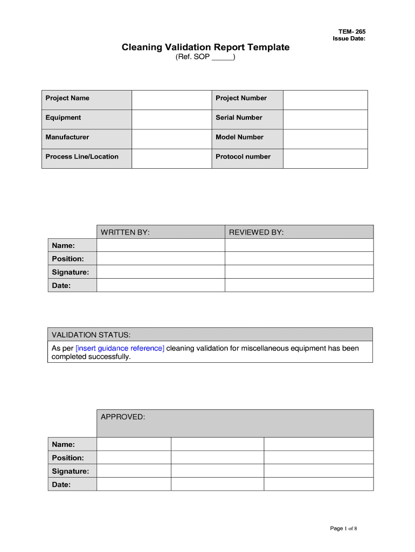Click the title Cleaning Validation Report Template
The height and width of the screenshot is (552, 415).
pyautogui.click(x=205, y=47)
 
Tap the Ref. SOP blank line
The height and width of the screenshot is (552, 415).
pyautogui.click(x=222, y=57)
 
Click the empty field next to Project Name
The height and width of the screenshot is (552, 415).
pyautogui.click(x=171, y=100)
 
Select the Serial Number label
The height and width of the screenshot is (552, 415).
pyautogui.click(x=239, y=118)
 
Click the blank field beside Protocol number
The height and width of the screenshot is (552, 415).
pyautogui.click(x=325, y=158)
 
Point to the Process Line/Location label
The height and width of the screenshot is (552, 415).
pyautogui.click(x=82, y=156)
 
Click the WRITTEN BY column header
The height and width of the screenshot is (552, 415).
pyautogui.click(x=125, y=232)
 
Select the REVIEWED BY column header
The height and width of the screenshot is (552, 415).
pyautogui.click(x=256, y=232)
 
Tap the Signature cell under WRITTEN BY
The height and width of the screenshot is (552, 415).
pyautogui.click(x=160, y=272)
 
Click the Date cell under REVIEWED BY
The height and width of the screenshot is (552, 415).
pyautogui.click(x=299, y=285)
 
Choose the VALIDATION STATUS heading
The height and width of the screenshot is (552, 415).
pyautogui.click(x=91, y=335)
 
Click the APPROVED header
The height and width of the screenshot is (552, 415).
pyautogui.click(x=123, y=417)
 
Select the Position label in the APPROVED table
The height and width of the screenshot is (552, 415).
pyautogui.click(x=68, y=458)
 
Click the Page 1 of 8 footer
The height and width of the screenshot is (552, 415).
pyautogui.click(x=343, y=528)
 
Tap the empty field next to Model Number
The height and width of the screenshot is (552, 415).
pyautogui.click(x=325, y=139)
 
